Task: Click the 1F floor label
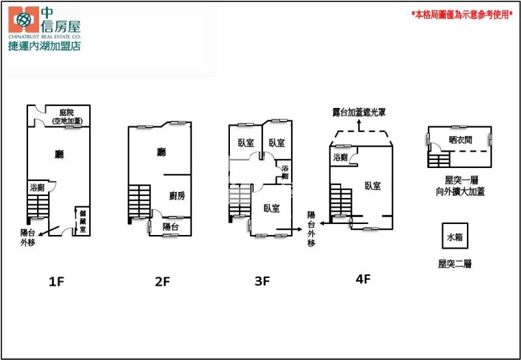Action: tap(56, 282)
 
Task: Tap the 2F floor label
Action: tap(162, 282)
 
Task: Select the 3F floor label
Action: tap(262, 281)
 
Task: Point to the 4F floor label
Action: tap(363, 279)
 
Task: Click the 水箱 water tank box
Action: tap(455, 236)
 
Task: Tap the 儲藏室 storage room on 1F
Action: tap(83, 221)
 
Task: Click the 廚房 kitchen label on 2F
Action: tap(177, 196)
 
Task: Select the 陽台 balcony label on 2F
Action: tap(171, 227)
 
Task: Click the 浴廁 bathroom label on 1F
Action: tap(37, 187)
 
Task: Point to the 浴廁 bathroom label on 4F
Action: tap(340, 157)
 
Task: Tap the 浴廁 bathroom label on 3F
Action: tap(285, 172)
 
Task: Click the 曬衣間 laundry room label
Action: tap(460, 140)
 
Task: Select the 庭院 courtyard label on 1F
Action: tap(67, 112)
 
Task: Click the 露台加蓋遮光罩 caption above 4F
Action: tap(359, 112)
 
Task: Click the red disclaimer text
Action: tap(462, 14)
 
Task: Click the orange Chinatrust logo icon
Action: tap(23, 20)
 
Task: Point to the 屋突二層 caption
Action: tap(455, 264)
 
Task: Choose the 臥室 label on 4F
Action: tap(373, 186)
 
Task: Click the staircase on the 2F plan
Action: tap(139, 202)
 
